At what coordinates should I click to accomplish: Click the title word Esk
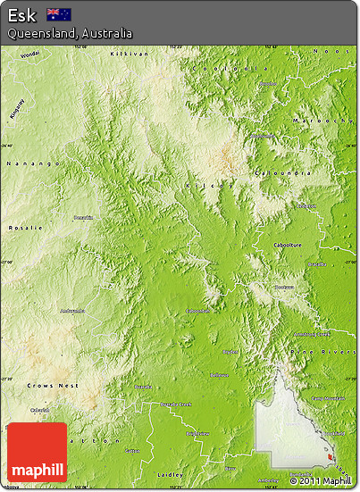(x=21, y=14)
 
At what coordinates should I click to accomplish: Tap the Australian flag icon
(x=59, y=14)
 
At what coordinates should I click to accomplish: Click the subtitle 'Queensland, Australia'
(x=70, y=33)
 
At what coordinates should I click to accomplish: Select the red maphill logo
(x=37, y=453)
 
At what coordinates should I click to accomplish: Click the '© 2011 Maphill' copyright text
(x=321, y=481)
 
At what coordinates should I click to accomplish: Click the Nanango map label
(x=33, y=163)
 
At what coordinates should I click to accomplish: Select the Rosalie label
(x=24, y=228)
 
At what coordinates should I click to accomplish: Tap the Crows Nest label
(x=52, y=385)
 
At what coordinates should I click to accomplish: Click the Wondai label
(x=30, y=54)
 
